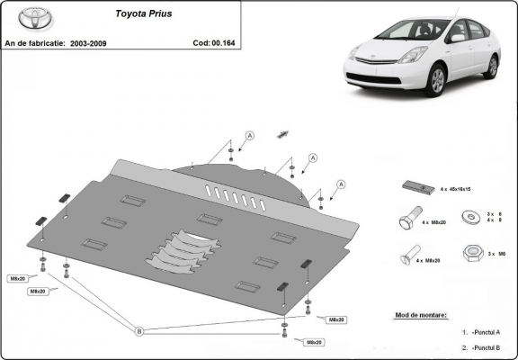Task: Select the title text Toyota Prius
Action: pyautogui.click(x=144, y=14)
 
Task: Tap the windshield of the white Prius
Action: pyautogui.click(x=410, y=32)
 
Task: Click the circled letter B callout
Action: pyautogui.click(x=138, y=331)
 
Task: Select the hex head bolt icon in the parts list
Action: pyautogui.click(x=406, y=220)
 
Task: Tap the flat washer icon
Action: pyautogui.click(x=469, y=216)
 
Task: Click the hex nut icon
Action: pyautogui.click(x=469, y=253)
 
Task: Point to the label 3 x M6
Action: pyautogui.click(x=496, y=256)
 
